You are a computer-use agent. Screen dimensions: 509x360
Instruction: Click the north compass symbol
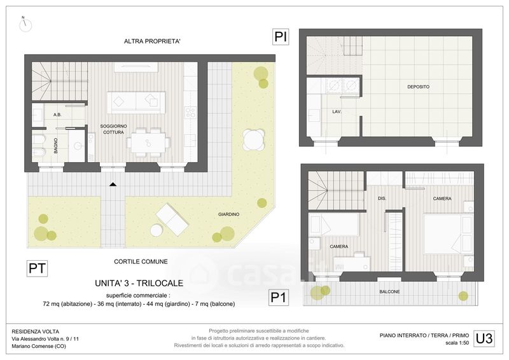[x=25, y=24]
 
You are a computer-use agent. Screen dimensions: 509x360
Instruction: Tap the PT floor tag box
[x=38, y=268]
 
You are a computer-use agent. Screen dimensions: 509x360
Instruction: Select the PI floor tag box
[x=281, y=37]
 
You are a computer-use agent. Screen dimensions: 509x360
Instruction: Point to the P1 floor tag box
[x=278, y=297]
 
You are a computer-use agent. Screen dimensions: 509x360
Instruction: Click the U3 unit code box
[x=484, y=338]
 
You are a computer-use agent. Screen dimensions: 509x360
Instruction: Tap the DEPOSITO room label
[x=418, y=87]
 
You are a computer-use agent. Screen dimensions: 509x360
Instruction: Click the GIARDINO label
[x=228, y=214]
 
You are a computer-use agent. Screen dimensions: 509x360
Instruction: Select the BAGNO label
[x=55, y=146]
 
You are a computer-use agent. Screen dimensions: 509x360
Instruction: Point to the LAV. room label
[x=337, y=112]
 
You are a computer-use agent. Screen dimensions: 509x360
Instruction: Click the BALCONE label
[x=389, y=292]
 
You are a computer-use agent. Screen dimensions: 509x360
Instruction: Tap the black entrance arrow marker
[x=113, y=184]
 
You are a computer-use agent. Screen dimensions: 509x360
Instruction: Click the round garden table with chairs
[x=253, y=139]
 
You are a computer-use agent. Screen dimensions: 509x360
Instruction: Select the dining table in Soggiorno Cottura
[x=148, y=143]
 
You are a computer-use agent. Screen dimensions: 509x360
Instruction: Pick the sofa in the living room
[x=136, y=102]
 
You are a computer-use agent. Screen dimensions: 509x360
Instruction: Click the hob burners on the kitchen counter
[x=190, y=113]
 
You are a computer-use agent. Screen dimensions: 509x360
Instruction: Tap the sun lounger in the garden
[x=172, y=220]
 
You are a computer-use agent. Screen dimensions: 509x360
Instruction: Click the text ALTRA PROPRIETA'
[x=152, y=41]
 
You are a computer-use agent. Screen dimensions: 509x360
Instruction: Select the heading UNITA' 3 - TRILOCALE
[x=139, y=283]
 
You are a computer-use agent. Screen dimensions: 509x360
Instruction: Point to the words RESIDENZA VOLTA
[x=36, y=332]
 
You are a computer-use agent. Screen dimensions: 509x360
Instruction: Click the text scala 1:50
[x=457, y=343]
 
